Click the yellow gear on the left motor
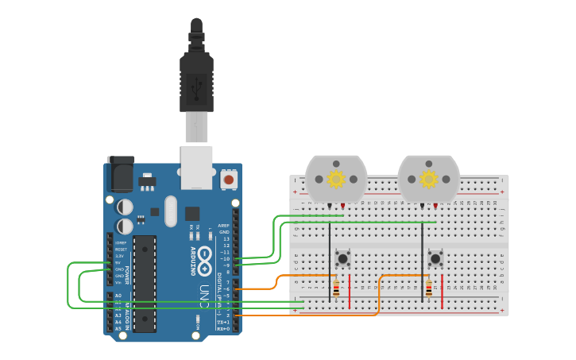coord(336,179)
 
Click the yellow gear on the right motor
coord(429,179)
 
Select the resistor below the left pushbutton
coord(336,288)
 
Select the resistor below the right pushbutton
coord(429,288)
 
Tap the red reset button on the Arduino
coord(229,180)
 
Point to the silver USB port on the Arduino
coord(196,167)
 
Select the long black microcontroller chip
coord(145,282)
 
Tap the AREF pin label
coord(225,226)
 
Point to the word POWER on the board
coord(126,275)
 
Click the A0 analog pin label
coord(118,296)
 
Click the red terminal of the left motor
coord(342,207)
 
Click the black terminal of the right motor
coord(422,207)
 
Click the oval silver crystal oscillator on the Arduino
coord(171,211)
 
